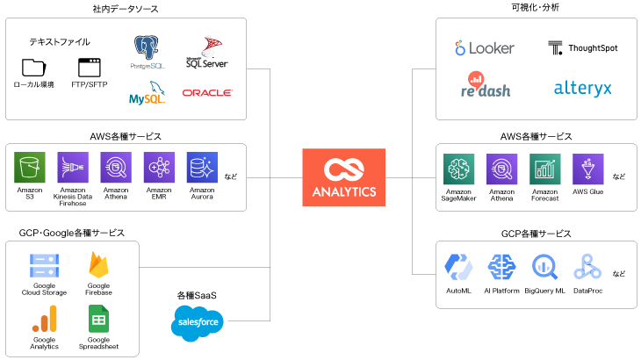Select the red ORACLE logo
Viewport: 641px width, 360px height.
click(x=207, y=92)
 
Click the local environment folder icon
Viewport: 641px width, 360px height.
click(x=33, y=68)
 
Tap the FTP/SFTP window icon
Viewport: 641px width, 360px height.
click(x=89, y=68)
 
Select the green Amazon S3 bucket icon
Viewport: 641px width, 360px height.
click(x=29, y=167)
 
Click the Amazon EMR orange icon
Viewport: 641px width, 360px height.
click(x=159, y=167)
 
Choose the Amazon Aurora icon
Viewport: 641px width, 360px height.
click(x=202, y=167)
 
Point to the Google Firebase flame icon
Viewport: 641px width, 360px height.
click(x=98, y=266)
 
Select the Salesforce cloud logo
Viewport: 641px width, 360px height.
click(x=197, y=323)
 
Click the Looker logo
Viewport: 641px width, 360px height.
click(x=484, y=48)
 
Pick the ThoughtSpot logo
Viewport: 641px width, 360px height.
click(x=582, y=47)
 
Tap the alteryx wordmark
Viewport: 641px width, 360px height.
click(x=582, y=88)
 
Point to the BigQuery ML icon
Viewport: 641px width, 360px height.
click(x=544, y=267)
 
